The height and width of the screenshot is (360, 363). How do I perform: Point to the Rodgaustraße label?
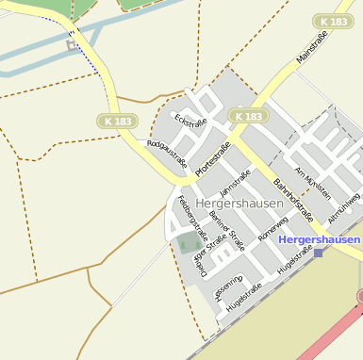(167, 154)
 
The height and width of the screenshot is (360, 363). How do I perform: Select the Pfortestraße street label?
(213, 158)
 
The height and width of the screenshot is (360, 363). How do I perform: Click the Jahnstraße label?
(235, 184)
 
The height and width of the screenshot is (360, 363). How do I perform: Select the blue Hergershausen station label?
(320, 240)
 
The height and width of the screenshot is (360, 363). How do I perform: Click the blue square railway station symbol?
(319, 252)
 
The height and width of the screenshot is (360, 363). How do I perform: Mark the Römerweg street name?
(272, 232)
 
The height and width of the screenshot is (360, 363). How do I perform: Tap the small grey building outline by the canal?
(72, 43)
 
